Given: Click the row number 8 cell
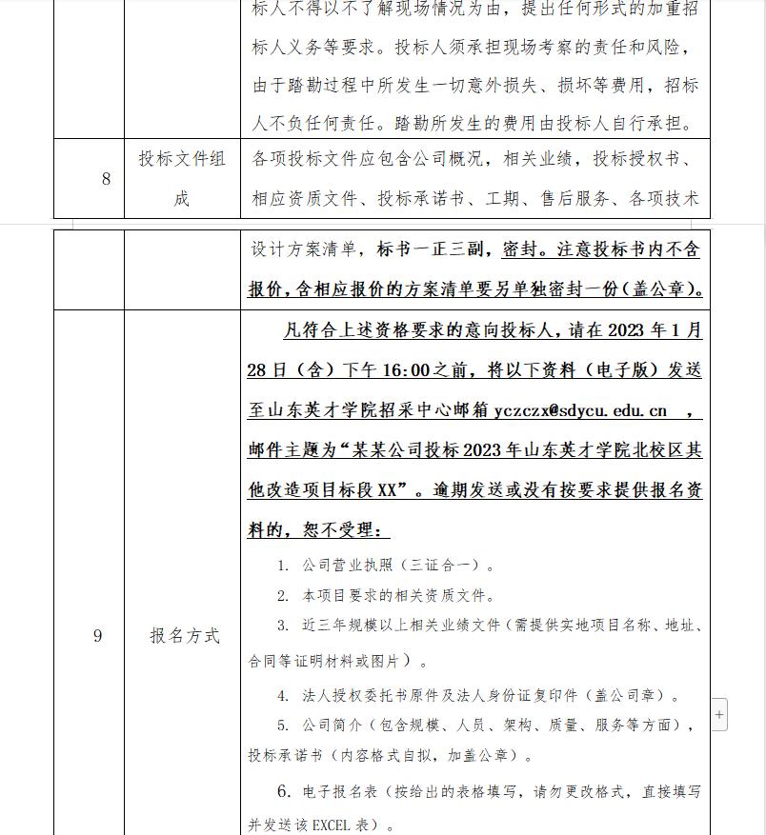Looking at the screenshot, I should (x=106, y=178).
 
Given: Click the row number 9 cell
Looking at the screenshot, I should (x=97, y=636).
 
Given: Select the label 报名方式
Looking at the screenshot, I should (x=184, y=636).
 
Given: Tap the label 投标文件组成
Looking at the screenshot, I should (x=182, y=178).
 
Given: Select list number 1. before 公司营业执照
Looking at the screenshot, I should (x=283, y=566).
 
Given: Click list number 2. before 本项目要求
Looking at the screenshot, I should (x=283, y=596).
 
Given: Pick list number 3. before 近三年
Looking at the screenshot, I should (x=283, y=626).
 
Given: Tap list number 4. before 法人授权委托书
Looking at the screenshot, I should (x=283, y=696).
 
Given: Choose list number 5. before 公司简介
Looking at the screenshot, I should (x=283, y=726).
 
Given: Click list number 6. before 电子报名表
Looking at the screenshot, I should (x=284, y=791).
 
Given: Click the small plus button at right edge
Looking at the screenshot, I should (x=719, y=714).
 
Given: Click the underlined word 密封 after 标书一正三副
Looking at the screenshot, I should (x=522, y=250).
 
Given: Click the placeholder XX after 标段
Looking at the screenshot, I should (x=387, y=490).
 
